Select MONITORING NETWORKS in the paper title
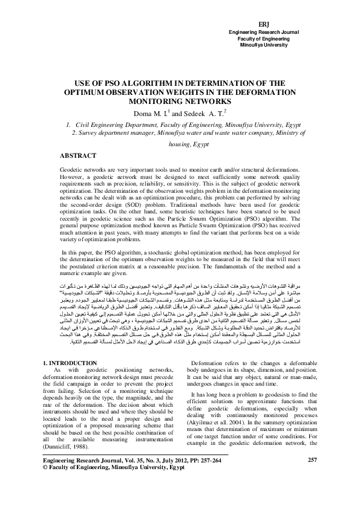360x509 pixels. coord(180,102)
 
